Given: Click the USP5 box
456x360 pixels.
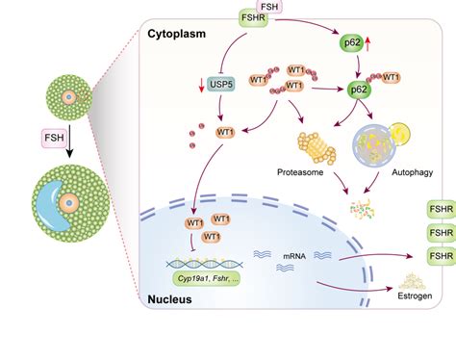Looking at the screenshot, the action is tap(221, 85).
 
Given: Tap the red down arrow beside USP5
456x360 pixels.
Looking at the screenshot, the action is tap(201, 85).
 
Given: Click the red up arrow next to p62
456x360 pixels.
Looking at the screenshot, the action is tap(367, 43).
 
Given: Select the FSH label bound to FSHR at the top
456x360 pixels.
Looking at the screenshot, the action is tap(269, 7).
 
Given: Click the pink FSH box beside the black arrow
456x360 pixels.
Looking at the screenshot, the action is tap(54, 138).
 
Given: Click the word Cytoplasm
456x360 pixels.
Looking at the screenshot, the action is tap(176, 34).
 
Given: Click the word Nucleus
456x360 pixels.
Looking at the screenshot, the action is tap(169, 299).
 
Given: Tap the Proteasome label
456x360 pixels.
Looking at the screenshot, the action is tap(300, 172).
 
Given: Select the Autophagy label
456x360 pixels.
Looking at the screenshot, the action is tap(413, 172).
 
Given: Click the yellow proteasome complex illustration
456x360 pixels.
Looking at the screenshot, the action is tap(317, 148).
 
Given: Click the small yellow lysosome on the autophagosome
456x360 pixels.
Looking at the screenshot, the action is tap(399, 133).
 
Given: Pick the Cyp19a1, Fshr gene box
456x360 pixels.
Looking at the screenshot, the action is tap(207, 278).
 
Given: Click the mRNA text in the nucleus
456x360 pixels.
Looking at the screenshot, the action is tap(294, 256).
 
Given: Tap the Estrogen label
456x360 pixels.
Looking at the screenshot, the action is tap(415, 296).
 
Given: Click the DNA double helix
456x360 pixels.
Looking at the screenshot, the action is tap(205, 264).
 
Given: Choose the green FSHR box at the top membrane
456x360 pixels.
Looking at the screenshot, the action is tap(253, 18).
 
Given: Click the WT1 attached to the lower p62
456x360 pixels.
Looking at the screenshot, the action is tap(391, 77).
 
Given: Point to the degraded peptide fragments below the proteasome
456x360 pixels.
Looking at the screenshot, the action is tap(363, 210).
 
